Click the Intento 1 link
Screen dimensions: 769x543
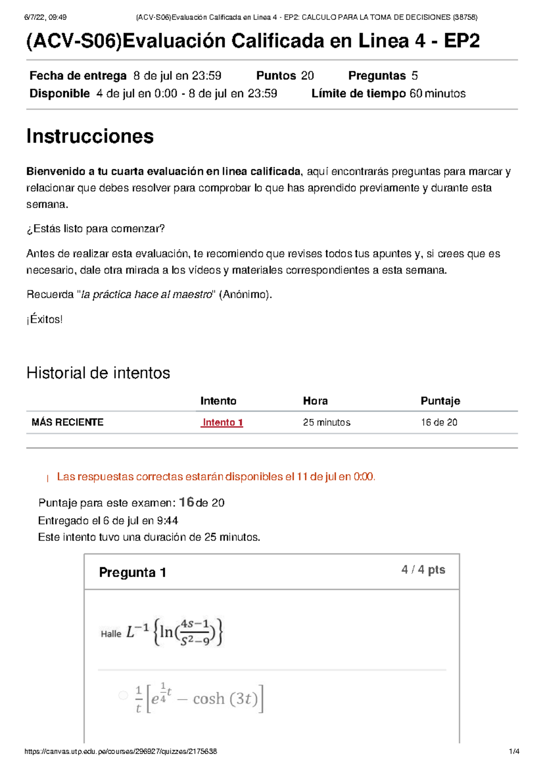click(x=223, y=423)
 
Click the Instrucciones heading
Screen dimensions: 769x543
click(x=90, y=136)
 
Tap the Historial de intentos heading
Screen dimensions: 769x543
click(x=98, y=373)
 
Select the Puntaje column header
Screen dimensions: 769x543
click(x=440, y=401)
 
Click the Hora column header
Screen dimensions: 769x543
click(x=315, y=401)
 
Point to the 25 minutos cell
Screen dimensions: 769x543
click(x=326, y=423)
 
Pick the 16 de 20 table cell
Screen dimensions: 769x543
click(x=439, y=423)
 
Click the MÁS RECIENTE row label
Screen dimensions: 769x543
click(x=67, y=423)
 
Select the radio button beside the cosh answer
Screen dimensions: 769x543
click(x=123, y=695)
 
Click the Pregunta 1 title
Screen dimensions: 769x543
click(x=133, y=572)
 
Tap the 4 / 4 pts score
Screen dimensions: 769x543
click(x=423, y=570)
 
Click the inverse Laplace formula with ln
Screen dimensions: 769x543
click(x=175, y=632)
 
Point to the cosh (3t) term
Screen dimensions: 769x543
click(x=225, y=699)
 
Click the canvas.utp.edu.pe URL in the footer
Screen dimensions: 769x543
click(x=120, y=751)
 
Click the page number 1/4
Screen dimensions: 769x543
click(x=514, y=751)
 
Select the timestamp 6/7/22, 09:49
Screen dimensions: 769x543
click(x=45, y=17)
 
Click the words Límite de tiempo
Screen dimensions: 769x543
click(x=358, y=94)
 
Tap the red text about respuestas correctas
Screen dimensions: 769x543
click(x=216, y=477)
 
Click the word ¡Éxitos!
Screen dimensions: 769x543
click(x=44, y=319)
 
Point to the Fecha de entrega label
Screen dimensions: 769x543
click(x=78, y=76)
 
